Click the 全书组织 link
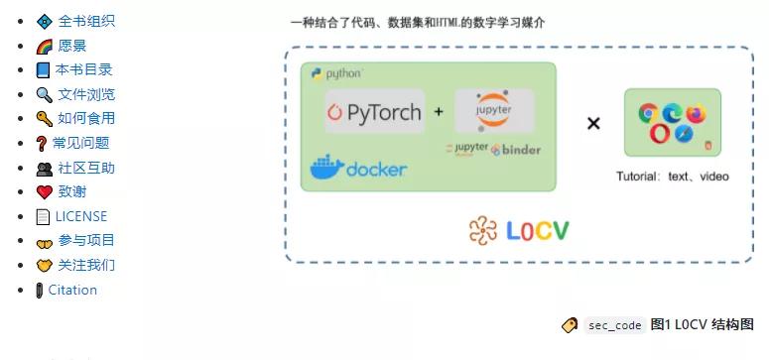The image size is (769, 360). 85,21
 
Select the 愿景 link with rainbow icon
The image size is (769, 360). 71,46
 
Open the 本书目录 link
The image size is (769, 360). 83,69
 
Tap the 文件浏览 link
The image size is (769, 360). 85,94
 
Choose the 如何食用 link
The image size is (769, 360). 85,118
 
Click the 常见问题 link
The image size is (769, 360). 80,143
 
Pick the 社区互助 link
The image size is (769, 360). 85,168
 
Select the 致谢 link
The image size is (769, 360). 71,191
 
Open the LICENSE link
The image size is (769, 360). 80,216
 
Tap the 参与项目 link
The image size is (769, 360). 85,240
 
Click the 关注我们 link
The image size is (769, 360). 85,265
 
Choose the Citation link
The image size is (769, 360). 72,290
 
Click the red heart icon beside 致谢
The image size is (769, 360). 44,192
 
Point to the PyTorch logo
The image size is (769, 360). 375,112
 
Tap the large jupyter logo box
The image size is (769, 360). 494,110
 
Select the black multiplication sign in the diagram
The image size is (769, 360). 593,123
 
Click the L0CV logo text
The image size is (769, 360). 520,231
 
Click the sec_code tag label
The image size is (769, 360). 614,325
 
